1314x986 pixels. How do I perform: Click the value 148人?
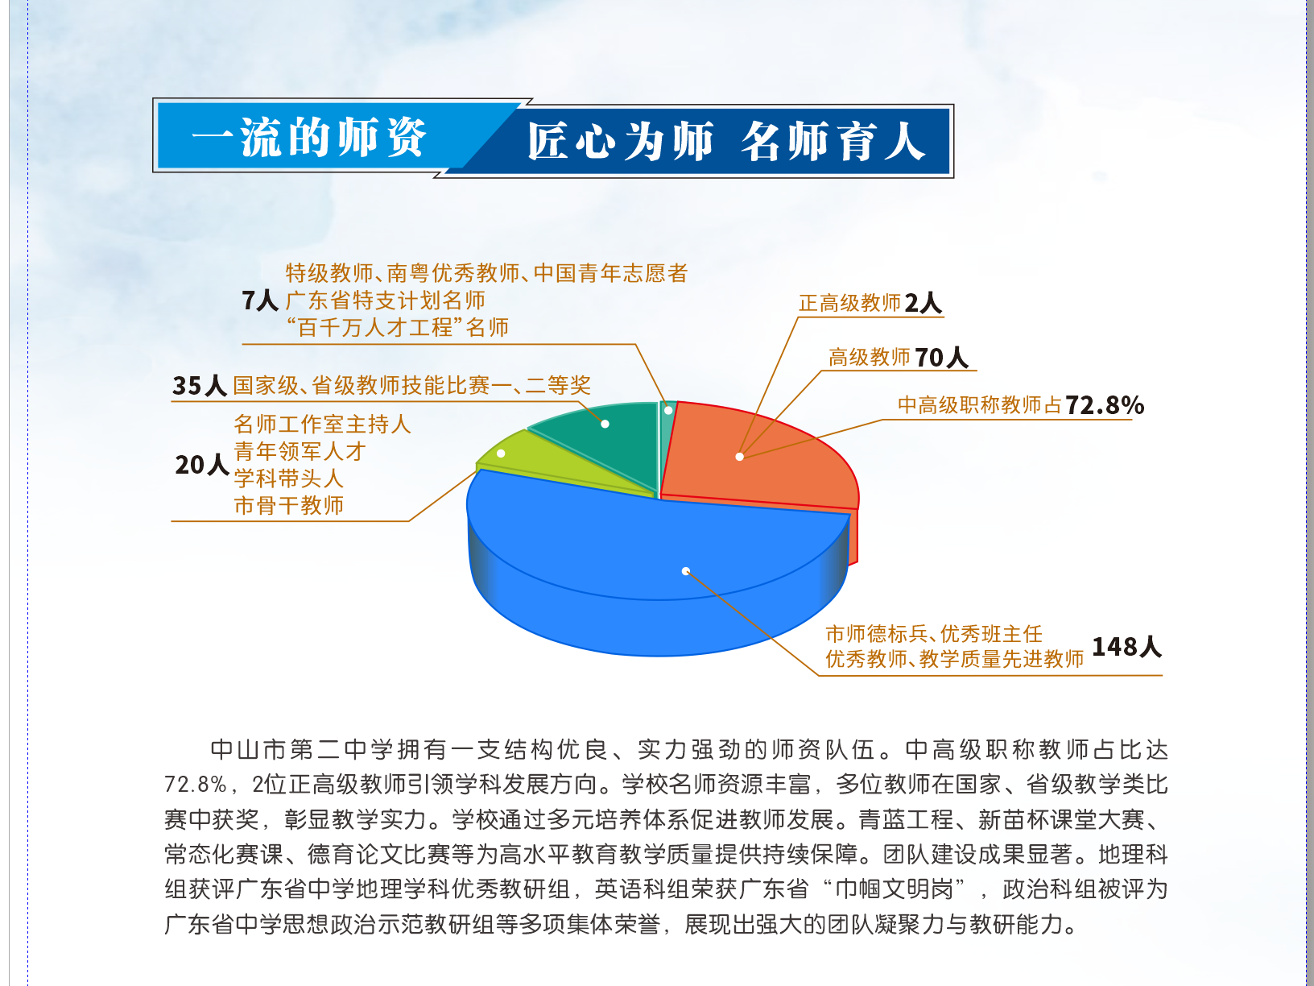click(x=1126, y=647)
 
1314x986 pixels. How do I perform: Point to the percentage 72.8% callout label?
click(x=1105, y=405)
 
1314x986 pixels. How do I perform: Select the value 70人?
click(x=942, y=358)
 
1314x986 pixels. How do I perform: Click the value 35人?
click(x=200, y=386)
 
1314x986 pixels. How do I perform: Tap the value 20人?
click(x=202, y=465)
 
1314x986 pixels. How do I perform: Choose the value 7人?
click(x=260, y=300)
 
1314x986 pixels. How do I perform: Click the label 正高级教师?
click(x=849, y=304)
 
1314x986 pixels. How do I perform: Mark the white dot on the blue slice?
click(x=686, y=571)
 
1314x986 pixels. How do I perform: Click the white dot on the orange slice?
click(x=740, y=457)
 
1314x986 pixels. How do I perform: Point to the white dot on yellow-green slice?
click(x=501, y=454)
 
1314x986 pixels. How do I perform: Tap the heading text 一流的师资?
click(x=309, y=137)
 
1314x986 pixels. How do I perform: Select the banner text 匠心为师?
click(x=621, y=141)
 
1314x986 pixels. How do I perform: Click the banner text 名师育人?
click(x=833, y=141)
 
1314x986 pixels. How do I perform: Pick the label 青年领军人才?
click(x=300, y=451)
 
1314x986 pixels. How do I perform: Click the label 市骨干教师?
click(x=288, y=506)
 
